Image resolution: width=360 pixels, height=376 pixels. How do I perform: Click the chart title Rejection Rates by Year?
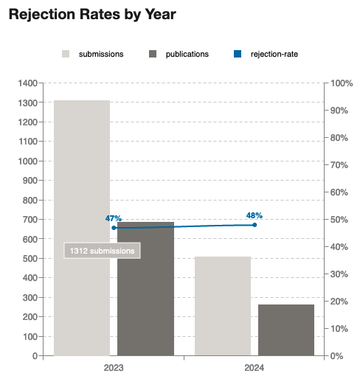coord(92,14)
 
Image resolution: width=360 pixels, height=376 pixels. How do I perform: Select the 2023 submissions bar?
coord(82,228)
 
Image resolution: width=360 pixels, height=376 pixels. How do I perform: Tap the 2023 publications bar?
coord(145,289)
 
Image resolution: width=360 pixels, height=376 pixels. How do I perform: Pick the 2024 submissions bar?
coord(223,306)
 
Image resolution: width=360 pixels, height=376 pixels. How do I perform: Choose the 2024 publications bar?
coord(286,330)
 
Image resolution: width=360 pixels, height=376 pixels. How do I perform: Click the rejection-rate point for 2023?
coord(114,228)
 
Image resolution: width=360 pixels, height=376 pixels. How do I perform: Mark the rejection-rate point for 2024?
coord(255,225)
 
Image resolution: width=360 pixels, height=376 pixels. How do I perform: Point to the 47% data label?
coord(114,218)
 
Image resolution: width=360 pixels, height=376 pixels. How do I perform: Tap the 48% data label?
coord(255,215)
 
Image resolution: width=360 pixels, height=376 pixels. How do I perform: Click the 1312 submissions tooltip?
coord(102,251)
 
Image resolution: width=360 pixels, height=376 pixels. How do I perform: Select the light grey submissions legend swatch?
coord(66,54)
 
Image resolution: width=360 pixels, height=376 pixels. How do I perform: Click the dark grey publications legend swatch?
coord(153,54)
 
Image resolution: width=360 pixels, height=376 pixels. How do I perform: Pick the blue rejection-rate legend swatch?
coord(238,54)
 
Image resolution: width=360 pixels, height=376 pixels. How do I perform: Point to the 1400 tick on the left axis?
coord(28,83)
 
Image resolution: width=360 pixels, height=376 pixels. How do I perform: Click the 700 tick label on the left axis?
coord(30,220)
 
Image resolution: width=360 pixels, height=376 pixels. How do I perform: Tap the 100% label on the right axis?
coord(342,83)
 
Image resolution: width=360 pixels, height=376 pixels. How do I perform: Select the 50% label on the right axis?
coord(339,220)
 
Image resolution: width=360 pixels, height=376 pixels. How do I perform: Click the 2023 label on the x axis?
coord(114,368)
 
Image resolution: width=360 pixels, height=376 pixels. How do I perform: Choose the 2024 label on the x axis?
coord(255,368)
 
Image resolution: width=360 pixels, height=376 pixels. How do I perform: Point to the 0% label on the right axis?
coord(336,356)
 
